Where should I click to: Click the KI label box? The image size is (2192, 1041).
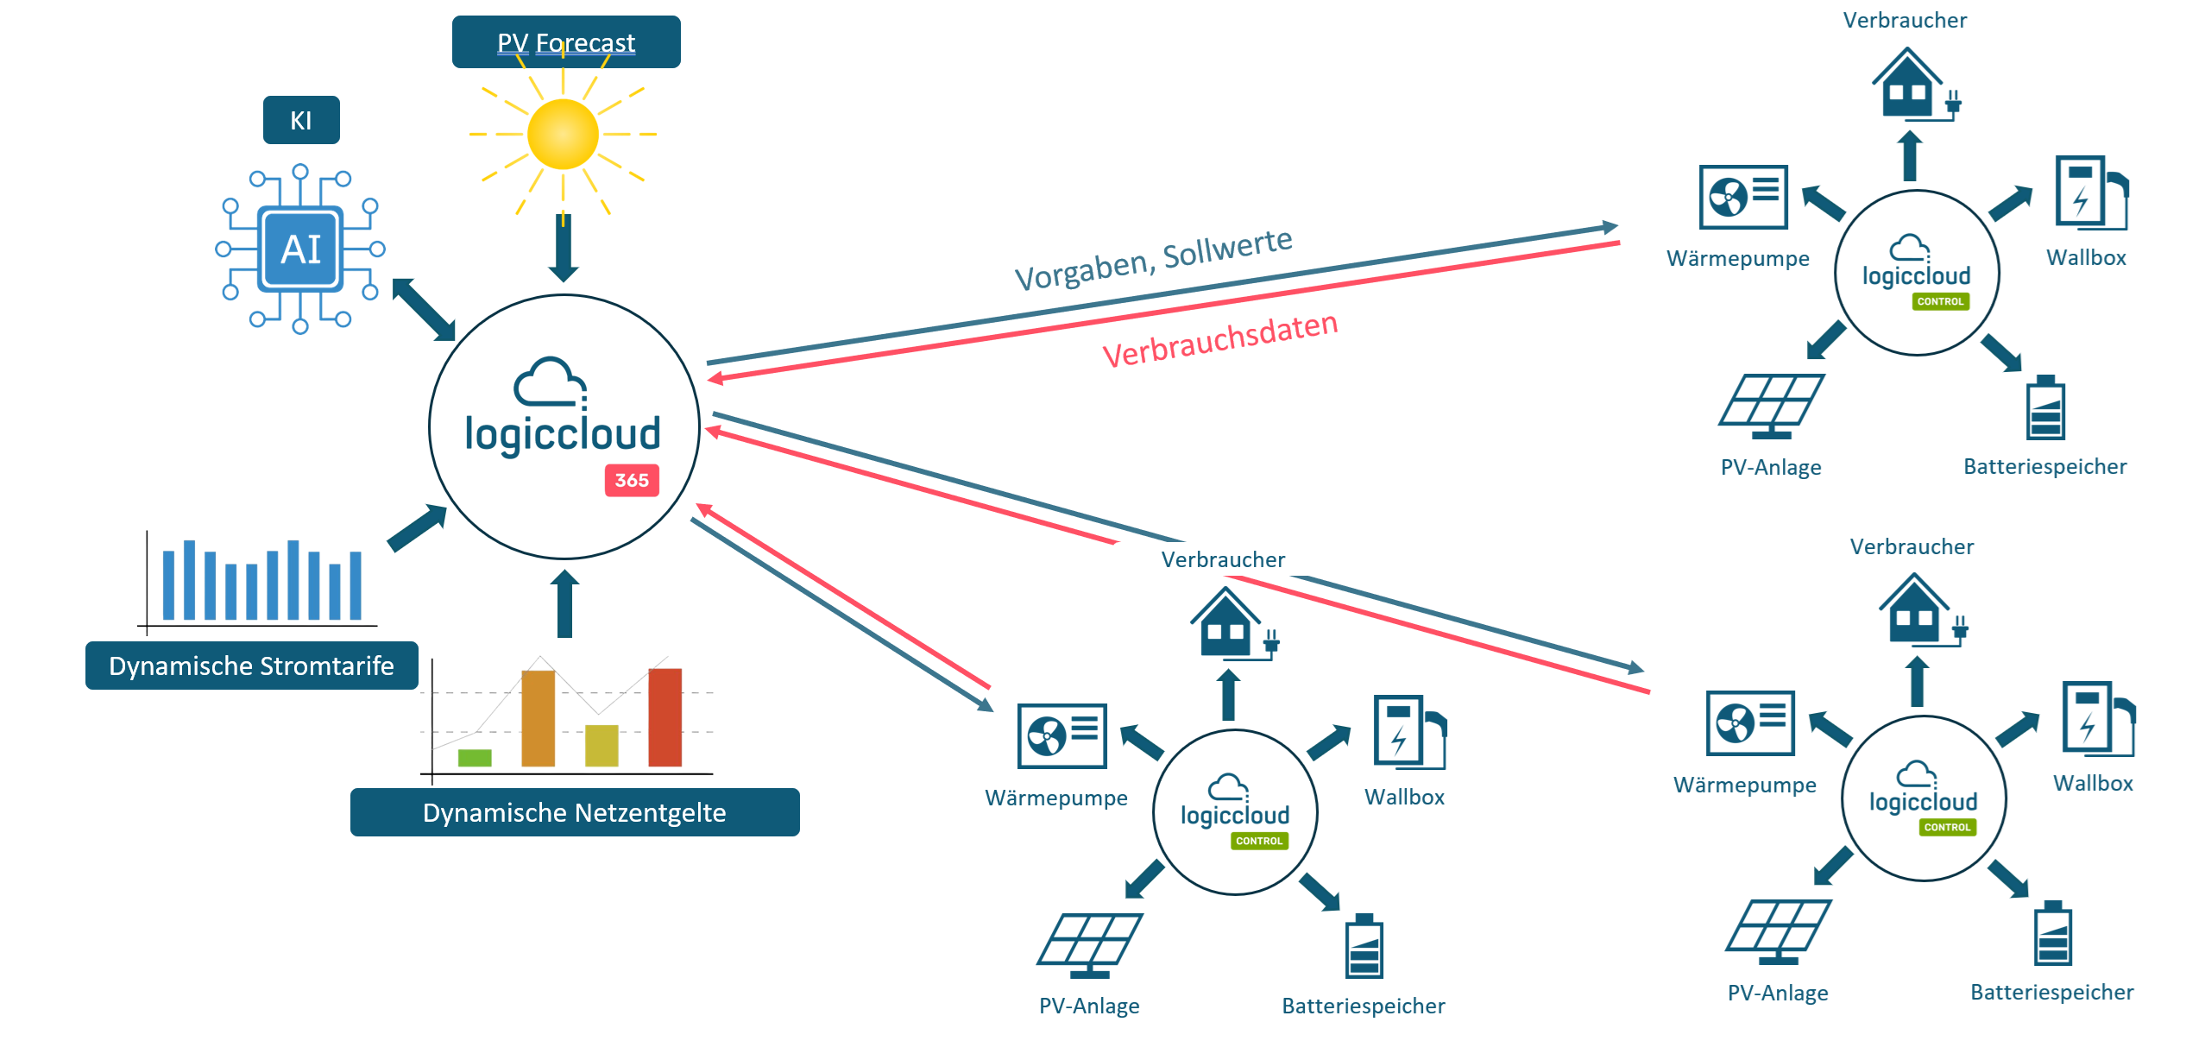click(300, 120)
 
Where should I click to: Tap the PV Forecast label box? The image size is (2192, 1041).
click(565, 42)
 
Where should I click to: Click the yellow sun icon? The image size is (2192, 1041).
click(563, 135)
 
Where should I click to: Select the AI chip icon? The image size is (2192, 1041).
click(300, 249)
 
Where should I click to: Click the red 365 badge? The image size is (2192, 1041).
click(632, 480)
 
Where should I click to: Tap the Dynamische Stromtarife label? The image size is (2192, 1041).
click(251, 666)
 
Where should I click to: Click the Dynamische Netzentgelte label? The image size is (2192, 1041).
click(574, 812)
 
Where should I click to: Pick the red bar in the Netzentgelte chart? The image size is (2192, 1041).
click(665, 716)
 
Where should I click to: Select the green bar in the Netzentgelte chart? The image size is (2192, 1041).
click(474, 758)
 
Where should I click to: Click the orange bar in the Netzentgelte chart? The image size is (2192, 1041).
click(538, 718)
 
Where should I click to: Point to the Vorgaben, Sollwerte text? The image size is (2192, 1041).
click(1153, 259)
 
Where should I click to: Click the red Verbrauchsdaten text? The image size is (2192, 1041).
click(1219, 339)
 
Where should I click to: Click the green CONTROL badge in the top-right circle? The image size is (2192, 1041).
click(1940, 301)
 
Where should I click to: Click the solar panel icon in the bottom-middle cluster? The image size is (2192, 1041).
click(1089, 944)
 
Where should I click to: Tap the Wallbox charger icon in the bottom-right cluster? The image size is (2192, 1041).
click(2095, 718)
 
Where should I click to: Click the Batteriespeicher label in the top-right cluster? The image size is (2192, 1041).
click(2044, 467)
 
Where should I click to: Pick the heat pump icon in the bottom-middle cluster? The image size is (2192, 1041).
click(1061, 735)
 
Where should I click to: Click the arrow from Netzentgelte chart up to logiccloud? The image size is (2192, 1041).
click(564, 604)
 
